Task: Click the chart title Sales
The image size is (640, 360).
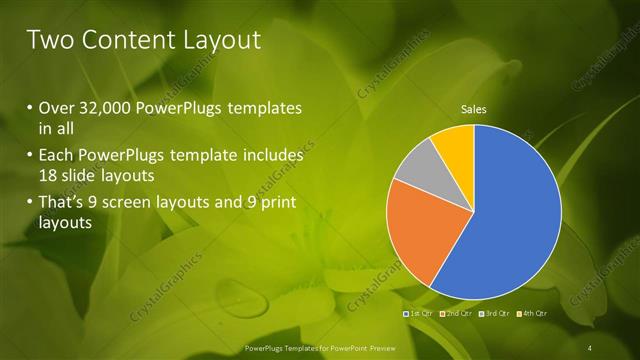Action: (473, 109)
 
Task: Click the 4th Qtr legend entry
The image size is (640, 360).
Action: (534, 314)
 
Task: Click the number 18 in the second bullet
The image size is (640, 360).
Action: (49, 175)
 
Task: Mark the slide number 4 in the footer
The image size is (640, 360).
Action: (590, 347)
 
